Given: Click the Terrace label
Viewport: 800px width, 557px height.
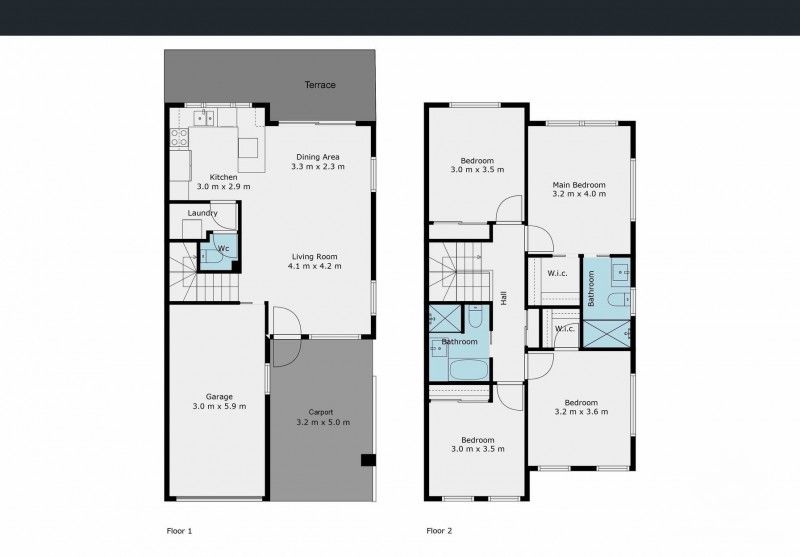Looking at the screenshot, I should pyautogui.click(x=320, y=85).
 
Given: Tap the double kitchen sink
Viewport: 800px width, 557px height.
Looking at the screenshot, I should pyautogui.click(x=204, y=119).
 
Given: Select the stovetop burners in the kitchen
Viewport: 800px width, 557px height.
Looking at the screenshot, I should pyautogui.click(x=180, y=139).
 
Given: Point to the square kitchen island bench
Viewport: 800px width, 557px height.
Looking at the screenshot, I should pyautogui.click(x=247, y=149).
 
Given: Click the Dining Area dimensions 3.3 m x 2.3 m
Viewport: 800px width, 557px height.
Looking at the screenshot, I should pyautogui.click(x=318, y=167).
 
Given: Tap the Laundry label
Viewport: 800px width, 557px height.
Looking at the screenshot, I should pyautogui.click(x=202, y=213).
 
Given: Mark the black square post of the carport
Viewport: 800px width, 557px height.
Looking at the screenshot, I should pyautogui.click(x=367, y=461).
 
